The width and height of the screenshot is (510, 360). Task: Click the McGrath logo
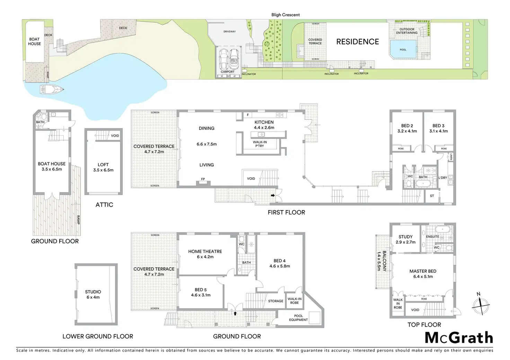click(x=458, y=338)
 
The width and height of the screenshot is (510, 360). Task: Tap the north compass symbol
click(x=481, y=305)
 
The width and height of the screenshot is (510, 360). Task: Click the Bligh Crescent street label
click(x=285, y=15)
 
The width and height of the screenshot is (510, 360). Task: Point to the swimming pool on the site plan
click(x=403, y=48)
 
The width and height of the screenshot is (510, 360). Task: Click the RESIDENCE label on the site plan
click(x=358, y=42)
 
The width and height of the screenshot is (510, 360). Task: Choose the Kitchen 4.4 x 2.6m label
click(x=264, y=125)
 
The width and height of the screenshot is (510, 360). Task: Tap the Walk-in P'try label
click(x=260, y=144)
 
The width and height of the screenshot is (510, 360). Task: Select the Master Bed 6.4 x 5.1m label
click(x=423, y=274)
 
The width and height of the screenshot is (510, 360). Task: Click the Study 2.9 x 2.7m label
click(x=405, y=240)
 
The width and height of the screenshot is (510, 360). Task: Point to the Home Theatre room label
click(x=205, y=254)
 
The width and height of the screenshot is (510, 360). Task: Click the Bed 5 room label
click(x=201, y=292)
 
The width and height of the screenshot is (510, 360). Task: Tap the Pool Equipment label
click(x=298, y=318)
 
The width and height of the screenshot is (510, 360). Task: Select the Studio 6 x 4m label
click(x=93, y=295)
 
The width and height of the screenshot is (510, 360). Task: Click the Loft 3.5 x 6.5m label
click(x=103, y=167)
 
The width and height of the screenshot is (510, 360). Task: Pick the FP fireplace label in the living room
click(x=203, y=179)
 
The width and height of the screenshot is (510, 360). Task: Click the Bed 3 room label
click(x=438, y=128)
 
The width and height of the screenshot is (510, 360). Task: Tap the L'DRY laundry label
click(x=443, y=178)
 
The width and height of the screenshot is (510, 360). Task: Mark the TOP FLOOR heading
click(x=424, y=325)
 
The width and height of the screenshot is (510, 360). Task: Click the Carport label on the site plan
click(x=228, y=72)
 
